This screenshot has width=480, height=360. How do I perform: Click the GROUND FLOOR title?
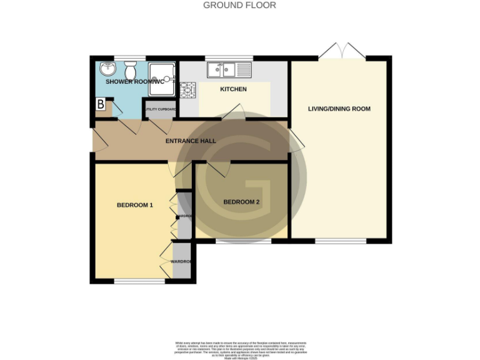coord(240,5)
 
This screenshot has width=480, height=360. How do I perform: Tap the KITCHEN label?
coord(233,89)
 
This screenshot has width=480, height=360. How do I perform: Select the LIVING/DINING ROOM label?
coord(339,109)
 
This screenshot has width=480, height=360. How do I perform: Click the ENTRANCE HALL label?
coord(191,141)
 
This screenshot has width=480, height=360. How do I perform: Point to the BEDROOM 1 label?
coord(135,205)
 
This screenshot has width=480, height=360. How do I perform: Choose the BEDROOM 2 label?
coord(241,202)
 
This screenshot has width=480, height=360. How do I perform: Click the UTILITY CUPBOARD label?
coord(161,110)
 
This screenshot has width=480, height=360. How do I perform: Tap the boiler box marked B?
coord(100,105)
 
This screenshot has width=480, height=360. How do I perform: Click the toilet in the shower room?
coord(130,68)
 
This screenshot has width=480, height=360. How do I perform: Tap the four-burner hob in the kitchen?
coord(188,91)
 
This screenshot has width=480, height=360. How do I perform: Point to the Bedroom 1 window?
coord(138,281)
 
